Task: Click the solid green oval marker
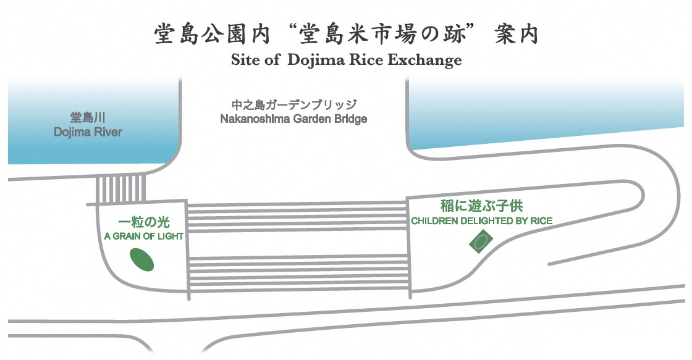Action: (141, 259)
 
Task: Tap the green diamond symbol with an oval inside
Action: (481, 241)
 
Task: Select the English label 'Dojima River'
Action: (88, 132)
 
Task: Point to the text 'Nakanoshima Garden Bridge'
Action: (293, 119)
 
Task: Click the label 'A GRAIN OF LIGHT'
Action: (143, 237)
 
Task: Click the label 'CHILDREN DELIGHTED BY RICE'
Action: (481, 220)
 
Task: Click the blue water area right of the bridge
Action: (544, 111)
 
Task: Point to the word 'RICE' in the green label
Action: (542, 220)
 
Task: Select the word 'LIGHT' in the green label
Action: (170, 237)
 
